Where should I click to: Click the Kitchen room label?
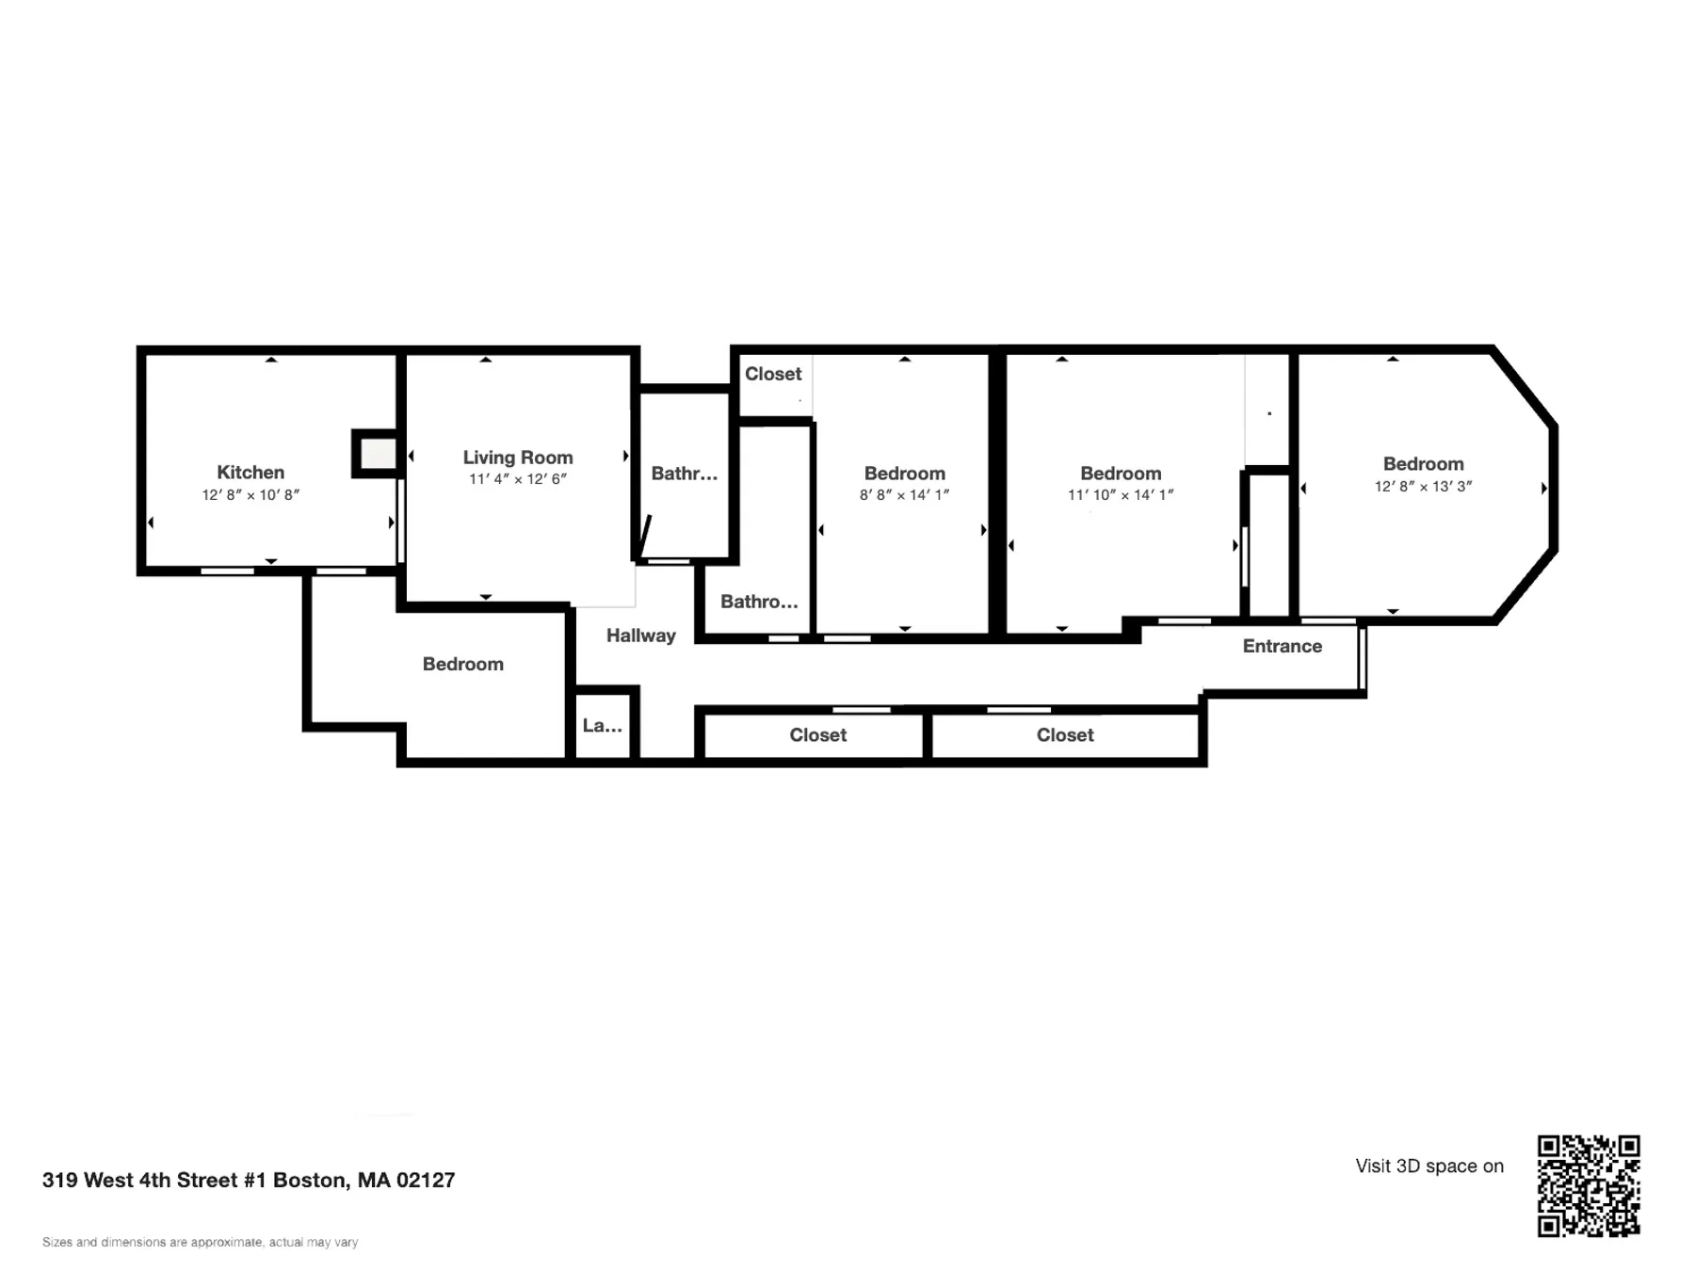[x=250, y=473]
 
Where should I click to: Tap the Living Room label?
[x=518, y=458]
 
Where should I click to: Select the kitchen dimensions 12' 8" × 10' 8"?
[x=250, y=495]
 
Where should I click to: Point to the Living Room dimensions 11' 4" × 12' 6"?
[x=518, y=479]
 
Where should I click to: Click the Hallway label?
[x=641, y=635]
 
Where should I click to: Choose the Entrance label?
[x=1283, y=646]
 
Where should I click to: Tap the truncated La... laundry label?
[x=603, y=725]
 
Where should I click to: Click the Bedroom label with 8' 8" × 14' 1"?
[x=905, y=474]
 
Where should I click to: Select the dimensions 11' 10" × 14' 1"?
[x=1121, y=495]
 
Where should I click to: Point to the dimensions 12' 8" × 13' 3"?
[x=1424, y=487]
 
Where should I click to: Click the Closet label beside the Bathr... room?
[x=773, y=374]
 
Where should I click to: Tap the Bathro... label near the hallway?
[x=759, y=602]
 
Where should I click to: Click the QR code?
[x=1590, y=1185]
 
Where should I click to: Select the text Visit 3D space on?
[x=1429, y=1166]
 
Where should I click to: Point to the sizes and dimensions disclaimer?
[x=201, y=1242]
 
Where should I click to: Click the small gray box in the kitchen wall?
[x=379, y=455]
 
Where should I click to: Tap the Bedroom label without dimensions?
[x=463, y=664]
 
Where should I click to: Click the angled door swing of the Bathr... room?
[x=645, y=538]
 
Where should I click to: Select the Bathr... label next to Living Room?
[x=685, y=474]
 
